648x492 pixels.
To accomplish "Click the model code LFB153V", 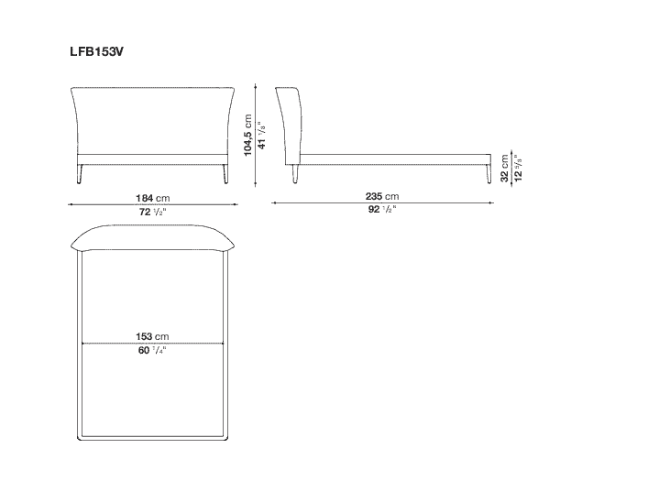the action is (x=97, y=51).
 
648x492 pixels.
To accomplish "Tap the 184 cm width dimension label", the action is (x=153, y=198).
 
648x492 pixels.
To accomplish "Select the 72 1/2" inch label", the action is (x=152, y=213).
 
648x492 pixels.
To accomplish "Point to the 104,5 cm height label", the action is (x=248, y=135).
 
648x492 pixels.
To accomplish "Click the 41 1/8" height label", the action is (x=261, y=135).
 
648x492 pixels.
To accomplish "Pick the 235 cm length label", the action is (x=382, y=196).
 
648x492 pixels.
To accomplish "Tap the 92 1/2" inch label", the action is (x=382, y=210).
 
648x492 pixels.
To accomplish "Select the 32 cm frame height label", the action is (x=505, y=169).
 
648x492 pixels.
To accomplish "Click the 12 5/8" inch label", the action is (x=518, y=169).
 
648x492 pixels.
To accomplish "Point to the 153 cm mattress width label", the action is (x=152, y=336).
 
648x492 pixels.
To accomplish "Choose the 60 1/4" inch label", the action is (x=152, y=351).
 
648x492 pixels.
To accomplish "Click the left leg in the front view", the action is (x=80, y=173).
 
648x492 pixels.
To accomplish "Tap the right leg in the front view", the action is (x=225, y=173).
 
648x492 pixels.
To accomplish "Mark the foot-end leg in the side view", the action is (x=489, y=173).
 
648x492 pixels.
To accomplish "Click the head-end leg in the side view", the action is (x=295, y=173).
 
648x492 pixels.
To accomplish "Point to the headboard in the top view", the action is (x=153, y=237).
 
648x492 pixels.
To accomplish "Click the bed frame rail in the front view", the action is (x=152, y=159).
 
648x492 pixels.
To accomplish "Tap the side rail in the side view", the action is (x=396, y=159).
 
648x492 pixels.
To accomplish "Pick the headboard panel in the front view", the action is (x=153, y=121).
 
